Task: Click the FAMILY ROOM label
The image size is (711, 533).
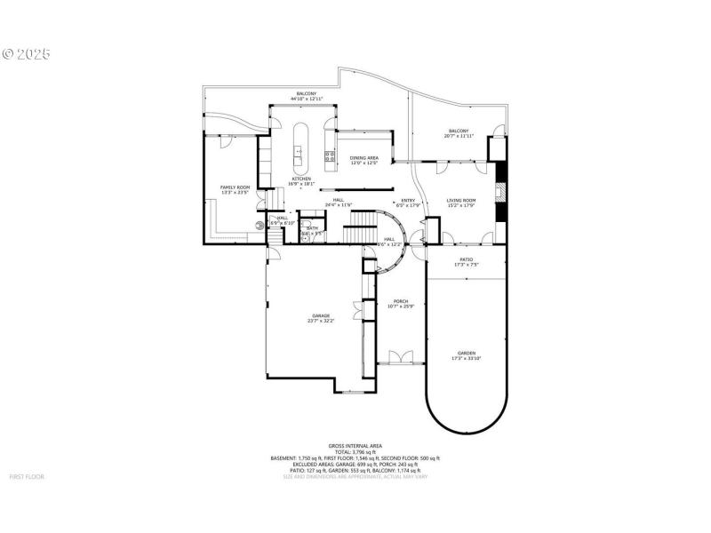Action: tap(236, 187)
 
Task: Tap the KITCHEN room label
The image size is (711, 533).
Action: tap(302, 179)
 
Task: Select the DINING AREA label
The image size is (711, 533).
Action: tap(364, 158)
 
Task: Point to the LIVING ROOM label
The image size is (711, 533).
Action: tap(461, 200)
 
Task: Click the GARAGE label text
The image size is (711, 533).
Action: tap(321, 315)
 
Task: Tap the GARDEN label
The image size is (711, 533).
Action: tap(467, 353)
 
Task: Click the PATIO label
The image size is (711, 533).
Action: tap(467, 259)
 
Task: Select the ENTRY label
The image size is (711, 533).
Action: tap(409, 200)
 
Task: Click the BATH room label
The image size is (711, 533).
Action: tap(312, 228)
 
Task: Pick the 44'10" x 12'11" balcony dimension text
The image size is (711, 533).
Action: tap(306, 99)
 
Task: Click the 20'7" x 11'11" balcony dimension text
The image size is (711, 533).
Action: tap(459, 136)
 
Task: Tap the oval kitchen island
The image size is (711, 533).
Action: tap(300, 147)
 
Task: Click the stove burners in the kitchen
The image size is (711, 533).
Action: tap(331, 159)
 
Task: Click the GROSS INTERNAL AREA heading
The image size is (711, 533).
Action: tap(355, 445)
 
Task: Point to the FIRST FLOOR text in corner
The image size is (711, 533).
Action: tap(27, 477)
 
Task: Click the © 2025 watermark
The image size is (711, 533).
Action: tap(27, 54)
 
